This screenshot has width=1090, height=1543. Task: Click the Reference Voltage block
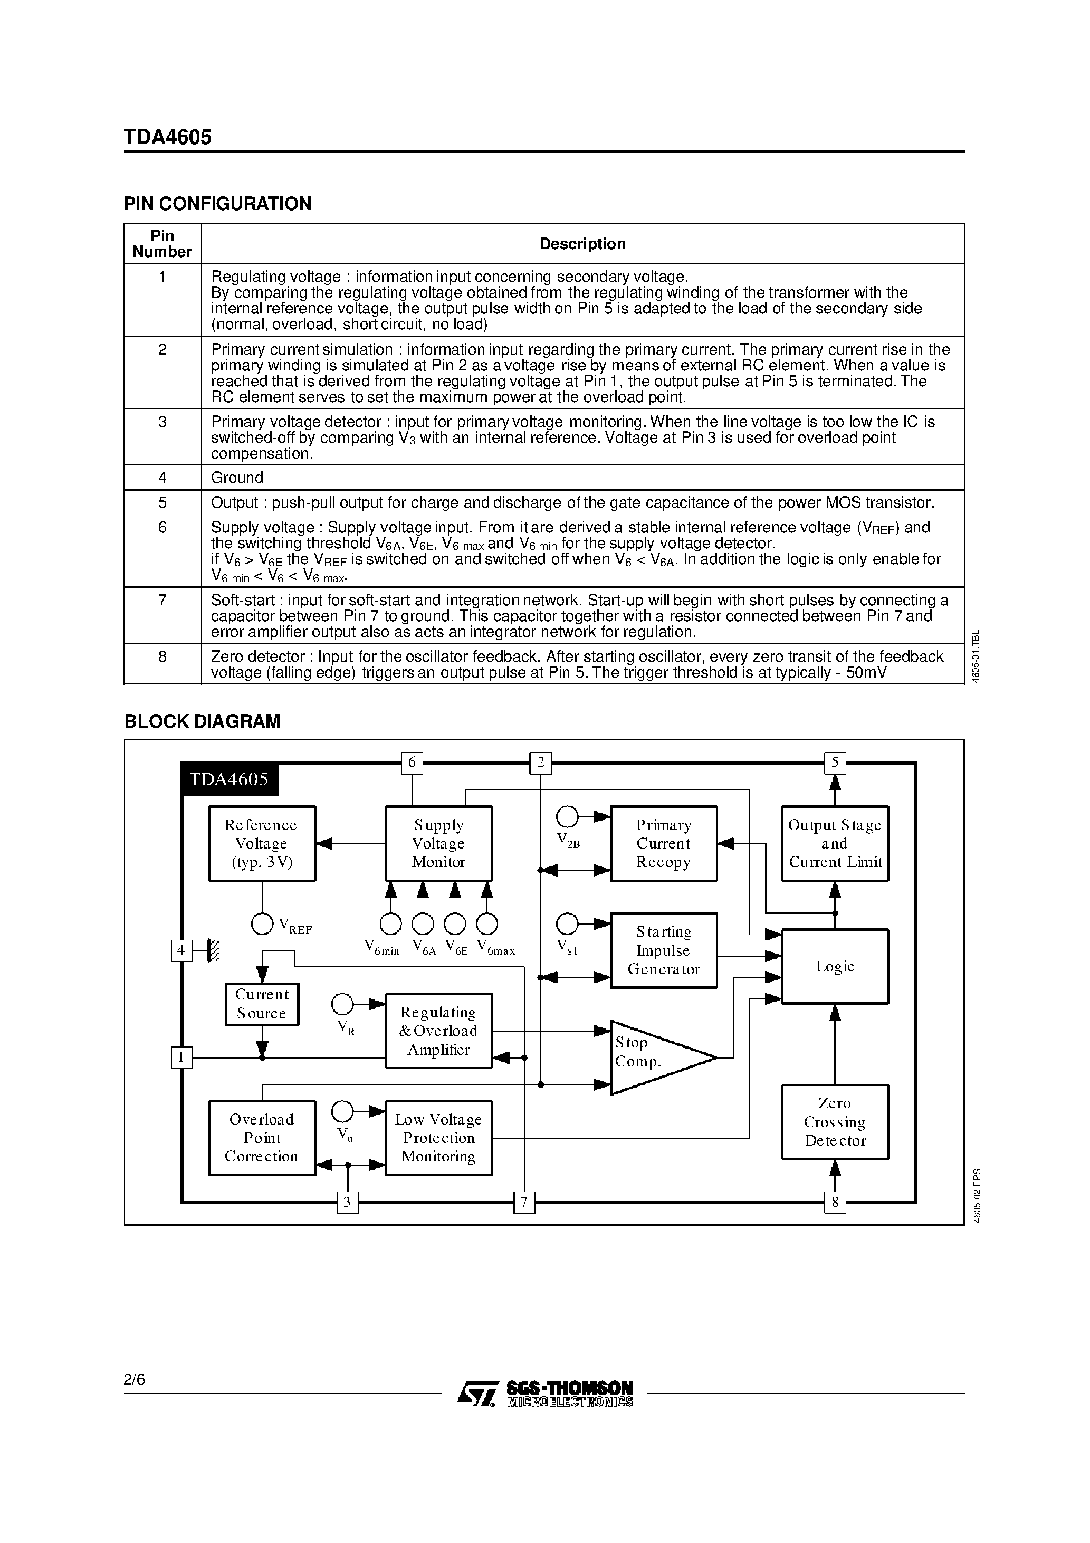tap(262, 843)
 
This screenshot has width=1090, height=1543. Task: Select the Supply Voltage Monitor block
tap(438, 843)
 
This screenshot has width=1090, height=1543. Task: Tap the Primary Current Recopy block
tap(663, 843)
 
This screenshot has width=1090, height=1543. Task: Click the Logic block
tap(835, 966)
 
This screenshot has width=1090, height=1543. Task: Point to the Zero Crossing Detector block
tap(835, 1122)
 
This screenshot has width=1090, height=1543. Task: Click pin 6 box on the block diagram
tap(412, 762)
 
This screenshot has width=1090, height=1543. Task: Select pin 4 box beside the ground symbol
tap(181, 950)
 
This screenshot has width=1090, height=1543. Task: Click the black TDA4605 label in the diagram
tap(229, 779)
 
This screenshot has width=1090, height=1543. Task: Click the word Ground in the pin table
tap(237, 478)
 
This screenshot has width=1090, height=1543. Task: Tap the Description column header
tap(582, 244)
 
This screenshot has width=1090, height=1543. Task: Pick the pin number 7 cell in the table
tap(162, 600)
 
